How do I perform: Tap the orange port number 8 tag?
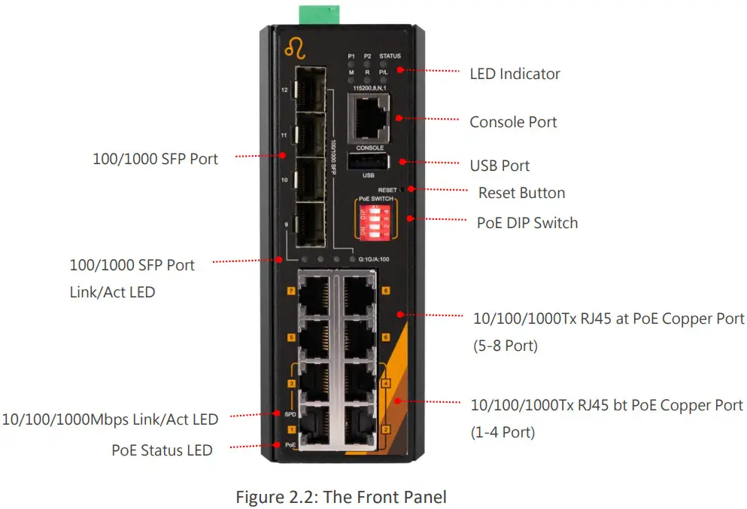386,290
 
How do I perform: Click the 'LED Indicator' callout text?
515,74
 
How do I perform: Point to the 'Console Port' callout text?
513,122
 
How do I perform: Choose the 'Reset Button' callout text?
521,193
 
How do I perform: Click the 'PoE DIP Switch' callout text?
527,223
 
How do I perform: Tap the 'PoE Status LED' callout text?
162,450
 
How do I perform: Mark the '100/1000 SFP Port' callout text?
155,159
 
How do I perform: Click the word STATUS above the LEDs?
390,56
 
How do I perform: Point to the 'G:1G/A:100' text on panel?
374,260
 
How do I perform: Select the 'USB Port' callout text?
500,166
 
